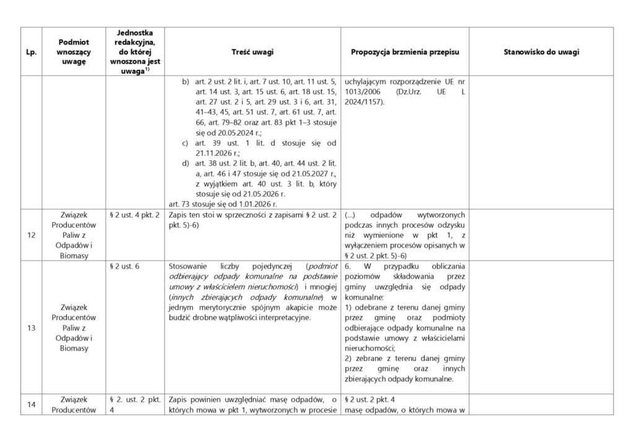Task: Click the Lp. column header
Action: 30,52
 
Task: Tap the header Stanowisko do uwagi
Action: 542,52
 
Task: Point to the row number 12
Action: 30,235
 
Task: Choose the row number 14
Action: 30,405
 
